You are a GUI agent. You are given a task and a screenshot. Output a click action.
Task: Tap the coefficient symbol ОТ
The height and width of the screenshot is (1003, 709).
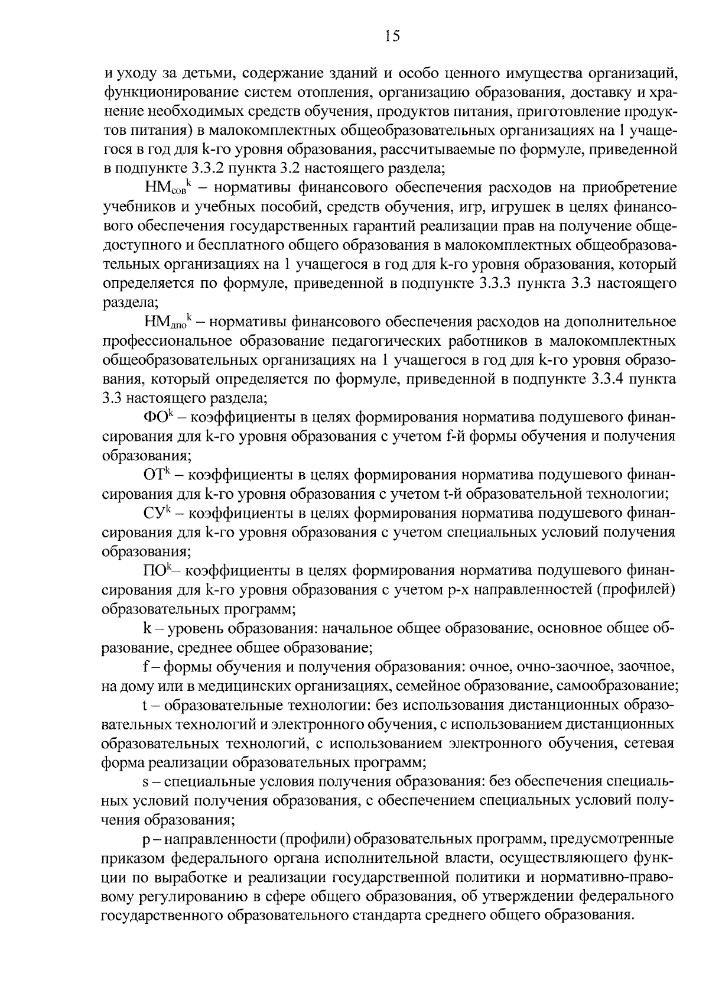coord(157,475)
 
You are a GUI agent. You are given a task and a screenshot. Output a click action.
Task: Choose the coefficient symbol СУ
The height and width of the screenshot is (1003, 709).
coord(157,512)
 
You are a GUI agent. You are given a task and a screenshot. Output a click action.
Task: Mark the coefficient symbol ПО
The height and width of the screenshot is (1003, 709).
coord(157,570)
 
